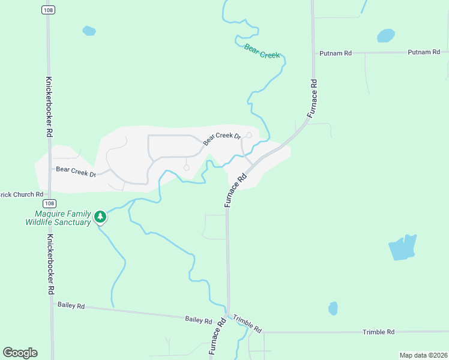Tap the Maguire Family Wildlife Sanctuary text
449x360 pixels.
click(x=58, y=218)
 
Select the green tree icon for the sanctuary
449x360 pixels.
click(x=101, y=217)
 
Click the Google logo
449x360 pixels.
click(x=20, y=353)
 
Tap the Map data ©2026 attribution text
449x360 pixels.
click(x=423, y=355)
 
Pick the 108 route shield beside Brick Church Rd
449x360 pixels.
click(x=50, y=203)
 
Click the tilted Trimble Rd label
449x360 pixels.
click(x=247, y=324)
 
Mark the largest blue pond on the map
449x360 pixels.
click(x=402, y=247)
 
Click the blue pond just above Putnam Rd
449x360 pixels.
click(x=385, y=36)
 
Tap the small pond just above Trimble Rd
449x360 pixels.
click(x=333, y=308)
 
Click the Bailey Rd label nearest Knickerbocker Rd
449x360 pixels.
click(x=71, y=305)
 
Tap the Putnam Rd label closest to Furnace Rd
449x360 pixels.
click(x=336, y=53)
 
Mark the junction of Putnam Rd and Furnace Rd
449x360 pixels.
click(x=313, y=53)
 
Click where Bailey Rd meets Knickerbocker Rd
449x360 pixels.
click(x=51, y=304)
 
